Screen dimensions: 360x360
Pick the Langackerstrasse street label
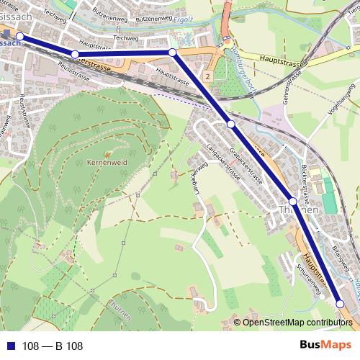point(221,158)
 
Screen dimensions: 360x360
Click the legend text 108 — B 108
point(53,346)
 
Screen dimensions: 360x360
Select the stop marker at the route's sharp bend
point(172,53)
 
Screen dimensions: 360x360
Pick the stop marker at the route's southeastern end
point(341,305)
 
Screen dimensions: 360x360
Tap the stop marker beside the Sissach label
point(20,36)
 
